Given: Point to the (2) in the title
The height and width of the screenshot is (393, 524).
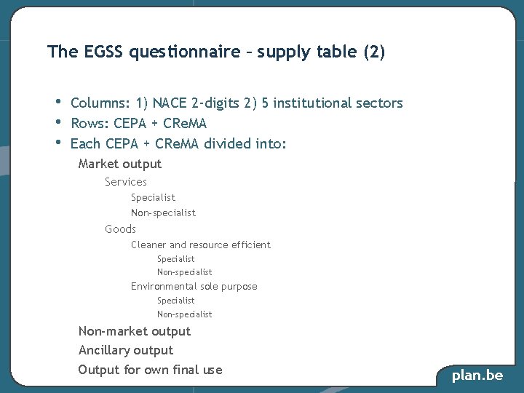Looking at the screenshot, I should point(373,52).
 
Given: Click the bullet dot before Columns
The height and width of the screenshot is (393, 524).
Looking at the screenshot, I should point(57,101).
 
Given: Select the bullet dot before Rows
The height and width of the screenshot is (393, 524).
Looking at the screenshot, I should point(57,121).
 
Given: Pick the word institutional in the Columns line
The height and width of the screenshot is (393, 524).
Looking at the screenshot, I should point(309,103).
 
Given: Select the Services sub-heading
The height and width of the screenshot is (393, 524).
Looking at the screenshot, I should point(126,182).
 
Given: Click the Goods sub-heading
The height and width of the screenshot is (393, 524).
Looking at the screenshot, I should point(120,229).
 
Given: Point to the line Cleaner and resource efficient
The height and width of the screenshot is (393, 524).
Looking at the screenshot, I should point(200,245).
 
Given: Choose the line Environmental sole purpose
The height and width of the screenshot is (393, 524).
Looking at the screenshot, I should point(194,287).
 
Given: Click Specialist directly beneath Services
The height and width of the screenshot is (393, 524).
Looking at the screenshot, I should point(153,197).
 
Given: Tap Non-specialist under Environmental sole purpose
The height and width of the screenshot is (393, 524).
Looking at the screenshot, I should point(184,314).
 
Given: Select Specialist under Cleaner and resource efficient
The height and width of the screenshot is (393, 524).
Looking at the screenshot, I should point(175,259).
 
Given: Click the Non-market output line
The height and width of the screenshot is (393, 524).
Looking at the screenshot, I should point(135,332).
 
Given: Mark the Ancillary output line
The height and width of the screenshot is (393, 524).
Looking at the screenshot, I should point(126,351).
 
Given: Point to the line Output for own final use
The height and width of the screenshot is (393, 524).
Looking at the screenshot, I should point(150,370).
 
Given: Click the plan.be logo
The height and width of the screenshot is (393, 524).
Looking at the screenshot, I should point(477,376).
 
